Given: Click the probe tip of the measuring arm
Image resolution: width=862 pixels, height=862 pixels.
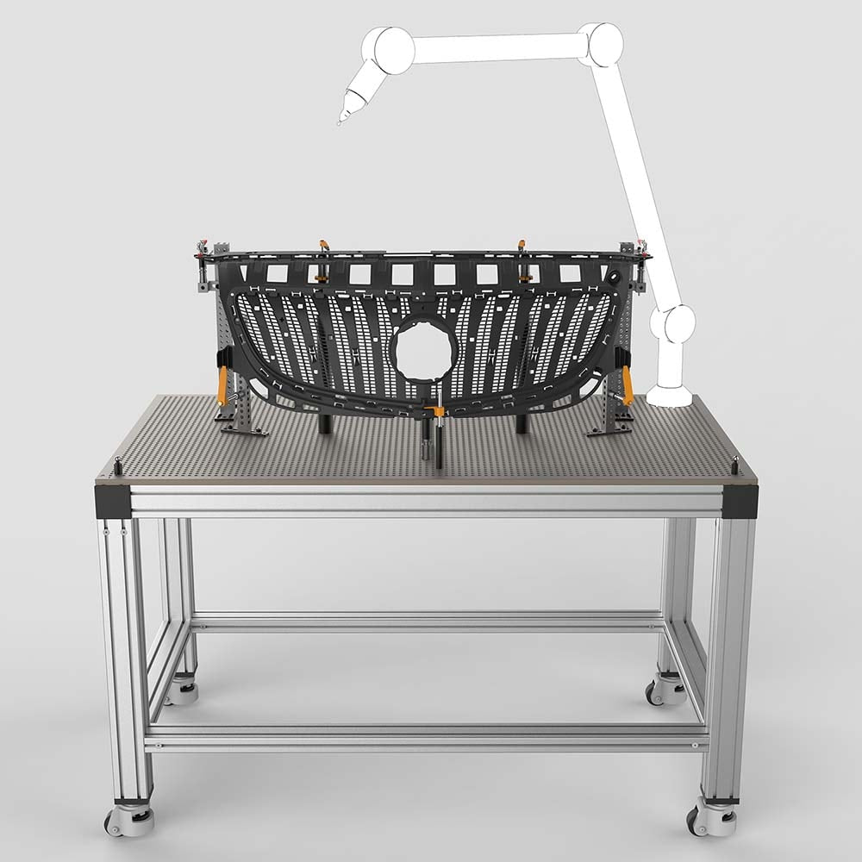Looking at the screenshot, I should (x=339, y=123).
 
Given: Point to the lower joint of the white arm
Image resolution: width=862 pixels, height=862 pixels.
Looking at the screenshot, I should (x=672, y=326).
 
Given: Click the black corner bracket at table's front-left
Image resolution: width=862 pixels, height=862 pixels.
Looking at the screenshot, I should (x=115, y=501).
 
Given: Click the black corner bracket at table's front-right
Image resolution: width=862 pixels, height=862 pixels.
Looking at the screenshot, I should (x=741, y=501).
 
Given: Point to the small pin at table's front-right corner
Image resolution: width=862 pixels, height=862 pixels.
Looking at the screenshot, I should (x=734, y=463).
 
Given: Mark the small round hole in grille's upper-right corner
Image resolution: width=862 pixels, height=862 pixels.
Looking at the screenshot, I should (x=614, y=277).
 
